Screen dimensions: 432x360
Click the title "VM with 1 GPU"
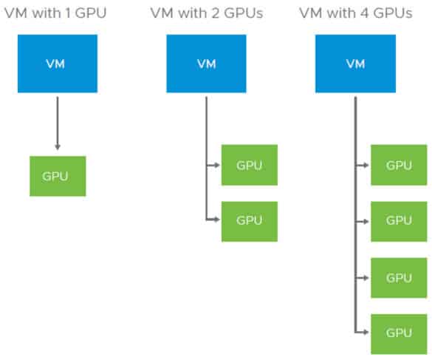click(x=55, y=13)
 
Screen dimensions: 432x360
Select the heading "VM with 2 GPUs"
click(x=207, y=13)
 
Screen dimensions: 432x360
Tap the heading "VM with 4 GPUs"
click(x=356, y=13)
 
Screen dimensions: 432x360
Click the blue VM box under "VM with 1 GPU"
click(x=58, y=64)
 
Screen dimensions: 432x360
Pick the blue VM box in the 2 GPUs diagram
click(x=206, y=64)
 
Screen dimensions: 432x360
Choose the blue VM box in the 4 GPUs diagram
click(x=356, y=64)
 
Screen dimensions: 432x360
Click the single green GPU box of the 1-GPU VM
click(x=58, y=176)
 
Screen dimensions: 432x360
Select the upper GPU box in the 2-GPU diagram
click(x=250, y=165)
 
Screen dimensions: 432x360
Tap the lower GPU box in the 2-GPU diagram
click(x=250, y=222)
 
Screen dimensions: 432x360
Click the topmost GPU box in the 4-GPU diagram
click(x=399, y=165)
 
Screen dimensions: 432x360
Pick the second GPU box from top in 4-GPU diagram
click(x=399, y=222)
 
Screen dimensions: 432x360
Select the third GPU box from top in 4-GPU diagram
click(x=399, y=278)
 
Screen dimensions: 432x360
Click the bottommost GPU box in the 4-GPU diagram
click(x=399, y=334)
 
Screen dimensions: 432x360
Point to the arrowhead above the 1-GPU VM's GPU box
click(x=58, y=146)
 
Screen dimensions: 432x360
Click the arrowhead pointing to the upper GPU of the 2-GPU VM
click(x=217, y=166)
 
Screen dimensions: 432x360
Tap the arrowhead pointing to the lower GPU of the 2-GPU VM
click(x=217, y=220)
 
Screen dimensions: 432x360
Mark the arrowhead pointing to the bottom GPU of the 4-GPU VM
click(x=366, y=332)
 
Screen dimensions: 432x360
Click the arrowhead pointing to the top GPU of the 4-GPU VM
click(x=366, y=166)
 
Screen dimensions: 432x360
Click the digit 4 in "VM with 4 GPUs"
click(x=365, y=13)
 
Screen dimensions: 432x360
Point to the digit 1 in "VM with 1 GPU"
click(x=67, y=13)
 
